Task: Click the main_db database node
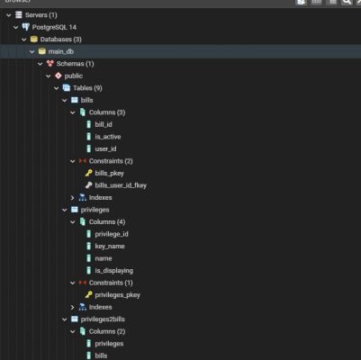[61, 51]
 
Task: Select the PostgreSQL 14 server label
[54, 27]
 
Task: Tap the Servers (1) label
[41, 15]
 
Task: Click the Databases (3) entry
[61, 40]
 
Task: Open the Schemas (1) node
[75, 64]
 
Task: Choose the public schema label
[74, 76]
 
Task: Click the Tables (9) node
[87, 88]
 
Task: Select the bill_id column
[104, 124]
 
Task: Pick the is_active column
[108, 137]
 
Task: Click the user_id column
[105, 148]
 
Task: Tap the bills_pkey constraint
[109, 174]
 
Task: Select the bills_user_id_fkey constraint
[121, 185]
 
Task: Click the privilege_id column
[112, 234]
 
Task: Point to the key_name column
[110, 247]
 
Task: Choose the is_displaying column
[114, 271]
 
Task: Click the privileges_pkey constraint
[117, 295]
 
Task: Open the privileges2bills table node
[103, 319]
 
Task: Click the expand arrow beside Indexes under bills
[73, 198]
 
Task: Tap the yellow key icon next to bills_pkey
[88, 173]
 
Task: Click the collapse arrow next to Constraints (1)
[73, 283]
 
